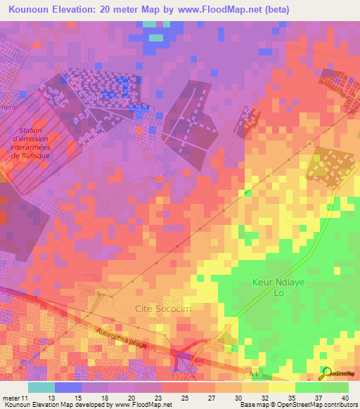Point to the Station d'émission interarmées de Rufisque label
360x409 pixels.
pyautogui.click(x=30, y=144)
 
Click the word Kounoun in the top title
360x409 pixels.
pyautogui.click(x=31, y=11)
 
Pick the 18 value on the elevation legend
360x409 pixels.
pyautogui.click(x=103, y=398)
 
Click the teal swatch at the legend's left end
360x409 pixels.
pyautogui.click(x=41, y=387)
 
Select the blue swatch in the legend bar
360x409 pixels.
pyautogui.click(x=68, y=387)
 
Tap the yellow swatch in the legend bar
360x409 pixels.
pyautogui.click(x=282, y=387)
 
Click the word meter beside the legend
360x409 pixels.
pyautogui.click(x=11, y=398)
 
